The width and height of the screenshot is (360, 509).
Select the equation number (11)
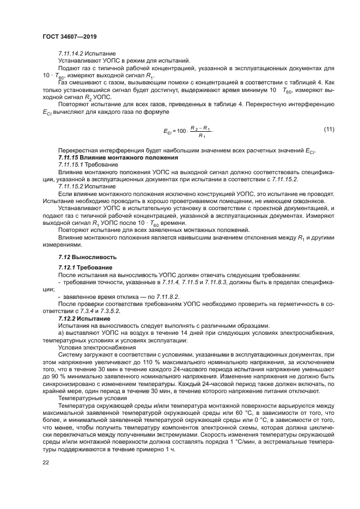coord(328,128)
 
